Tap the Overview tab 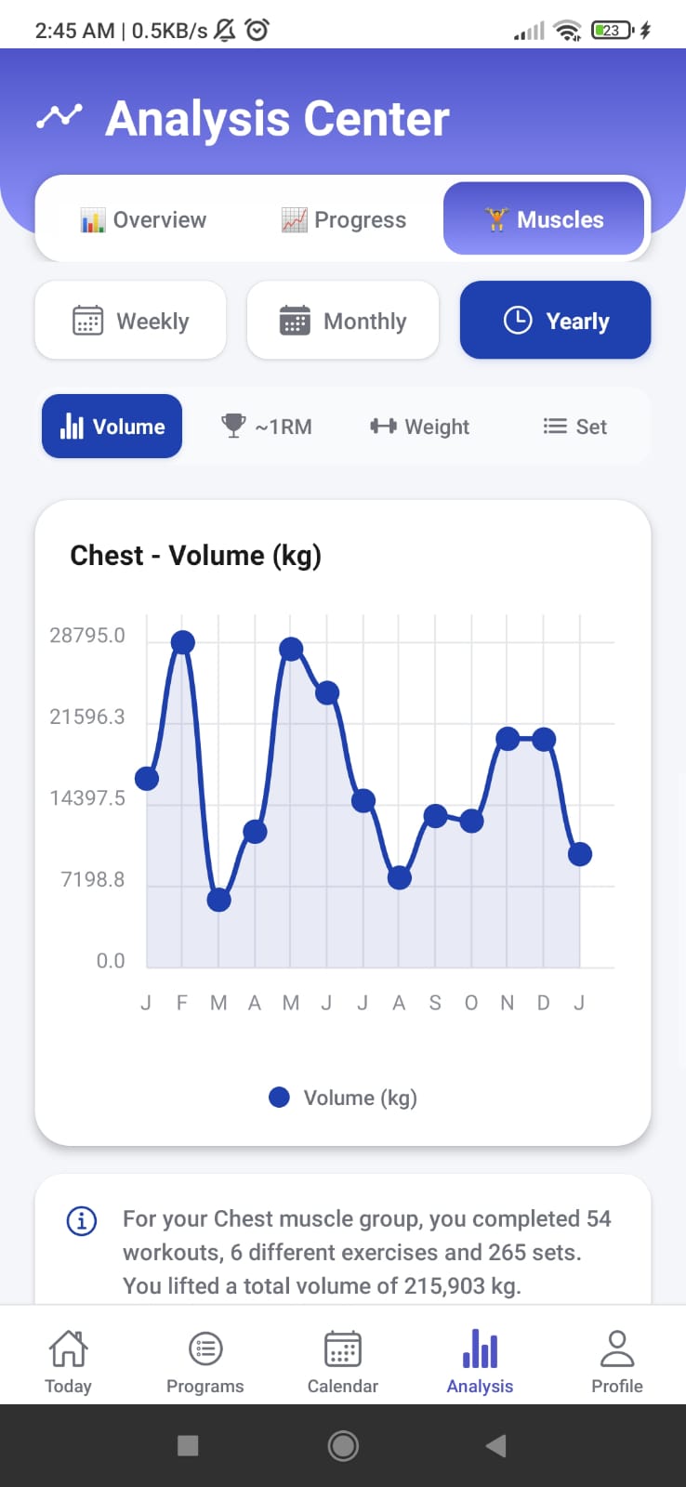tap(144, 220)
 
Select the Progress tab tap(344, 220)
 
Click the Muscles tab tap(544, 219)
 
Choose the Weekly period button tap(131, 321)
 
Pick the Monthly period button tap(343, 321)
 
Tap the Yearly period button tap(555, 321)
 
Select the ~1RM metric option tap(267, 427)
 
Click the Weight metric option tap(420, 427)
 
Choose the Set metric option tap(575, 427)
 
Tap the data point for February tap(183, 642)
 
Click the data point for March tap(218, 900)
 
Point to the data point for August tap(400, 877)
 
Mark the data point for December tap(544, 740)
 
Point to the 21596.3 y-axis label tap(87, 717)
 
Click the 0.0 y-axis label tap(111, 961)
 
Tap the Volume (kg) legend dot tap(279, 1098)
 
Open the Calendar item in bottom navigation tap(343, 1361)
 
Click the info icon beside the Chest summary tap(82, 1220)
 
